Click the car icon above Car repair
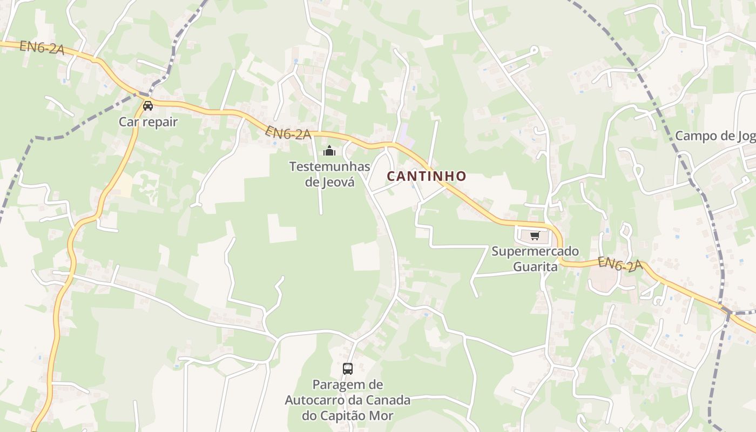pos(148,105)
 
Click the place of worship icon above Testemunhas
pos(329,151)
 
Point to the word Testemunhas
pos(329,166)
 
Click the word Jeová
pos(341,182)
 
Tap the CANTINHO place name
pos(426,176)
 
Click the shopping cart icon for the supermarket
pos(535,235)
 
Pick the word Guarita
pos(535,266)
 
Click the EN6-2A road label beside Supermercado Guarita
pos(620,264)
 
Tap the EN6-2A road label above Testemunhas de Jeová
pos(288,133)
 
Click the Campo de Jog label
pos(715,136)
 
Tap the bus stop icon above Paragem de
pos(348,369)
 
